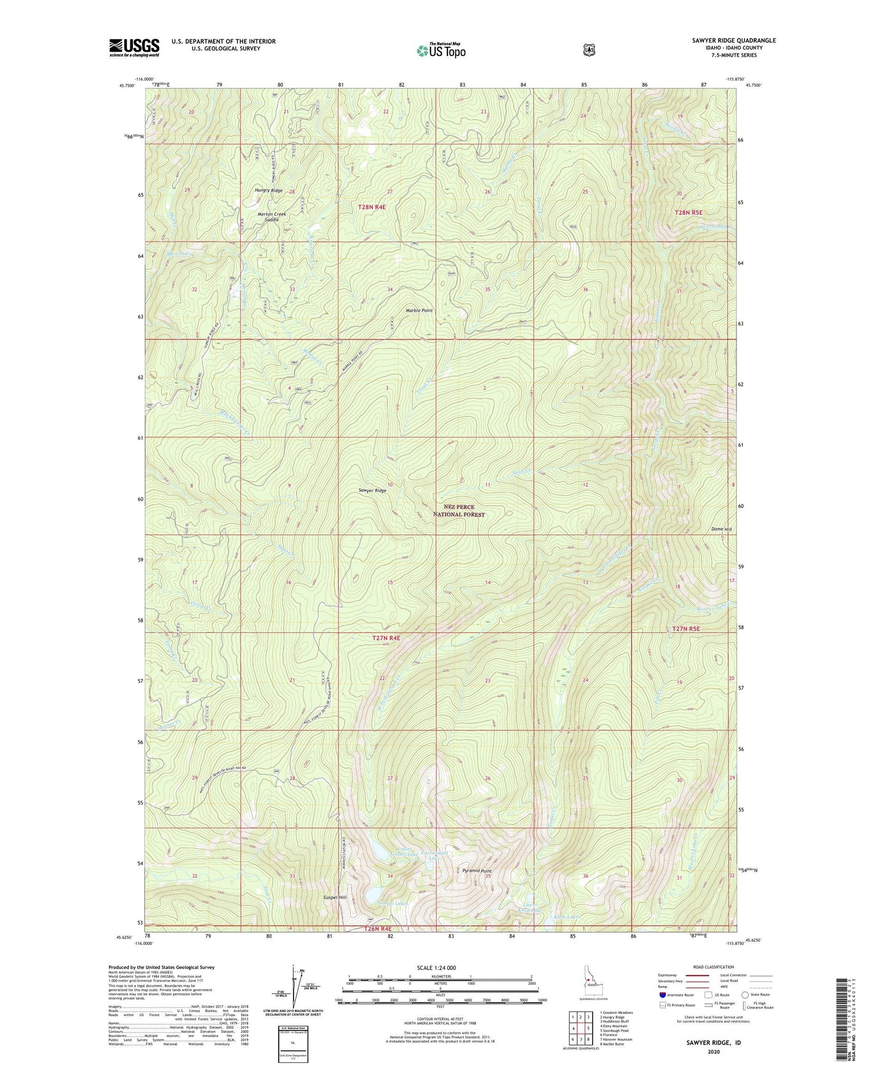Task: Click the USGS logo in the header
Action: click(x=134, y=47)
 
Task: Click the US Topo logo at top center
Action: click(x=441, y=50)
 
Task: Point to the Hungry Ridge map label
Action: click(x=269, y=191)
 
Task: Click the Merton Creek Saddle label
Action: click(x=271, y=217)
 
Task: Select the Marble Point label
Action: click(x=419, y=311)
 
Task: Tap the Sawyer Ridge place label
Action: click(x=372, y=490)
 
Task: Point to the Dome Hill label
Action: click(x=721, y=529)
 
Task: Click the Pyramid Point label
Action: click(x=477, y=871)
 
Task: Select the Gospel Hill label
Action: click(x=335, y=897)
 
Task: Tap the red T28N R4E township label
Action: click(x=372, y=207)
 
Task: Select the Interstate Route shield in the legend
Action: click(x=663, y=995)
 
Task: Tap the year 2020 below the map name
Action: click(x=714, y=1051)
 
